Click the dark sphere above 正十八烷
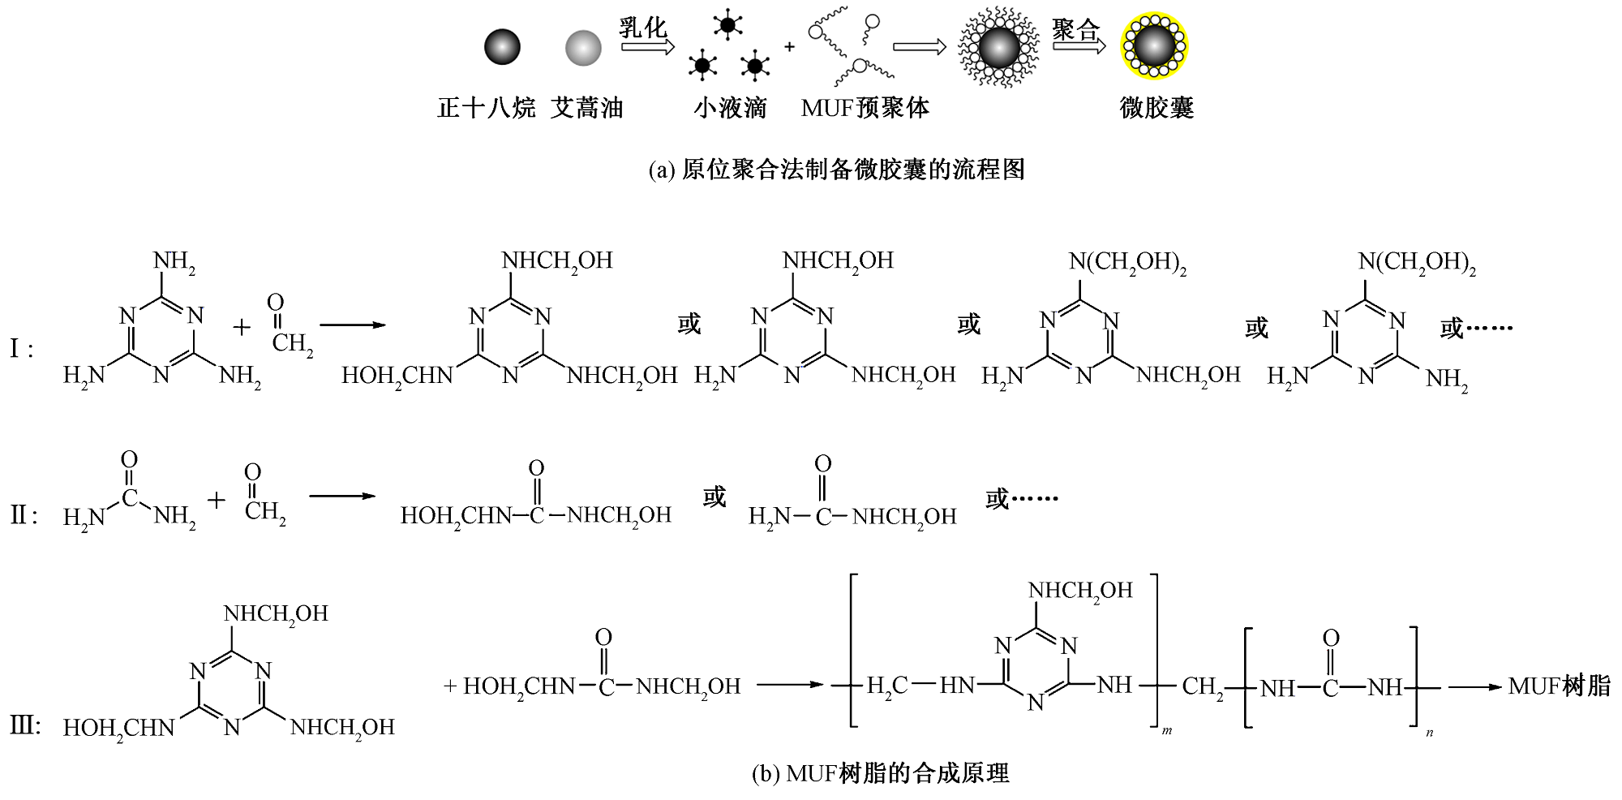[502, 47]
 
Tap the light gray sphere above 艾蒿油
[583, 47]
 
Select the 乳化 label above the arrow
[643, 28]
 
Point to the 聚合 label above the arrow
[1076, 30]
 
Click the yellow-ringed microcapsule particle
[1154, 47]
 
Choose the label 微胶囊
[1156, 108]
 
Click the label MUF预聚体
[865, 108]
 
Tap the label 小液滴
[730, 108]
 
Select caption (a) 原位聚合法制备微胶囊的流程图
[837, 169]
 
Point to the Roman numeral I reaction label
[21, 350]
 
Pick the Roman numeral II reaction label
[24, 515]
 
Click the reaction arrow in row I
[351, 325]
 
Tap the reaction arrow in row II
[341, 496]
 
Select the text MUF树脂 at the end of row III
[1559, 686]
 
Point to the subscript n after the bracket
[1429, 733]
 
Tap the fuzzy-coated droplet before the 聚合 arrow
[998, 47]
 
